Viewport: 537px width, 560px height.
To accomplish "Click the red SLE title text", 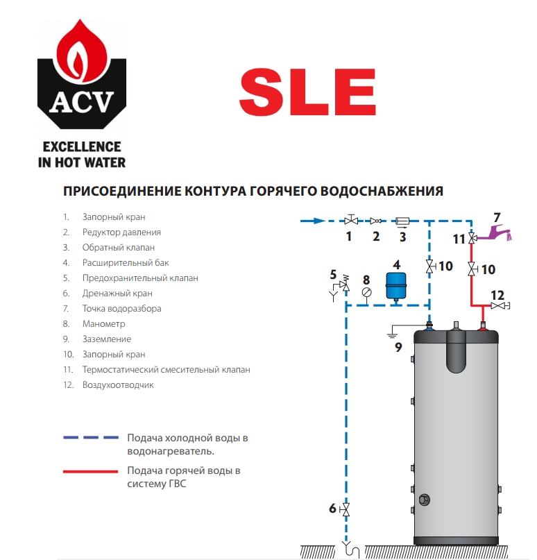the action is coord(307,92).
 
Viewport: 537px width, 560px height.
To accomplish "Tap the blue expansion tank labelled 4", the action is coord(396,286).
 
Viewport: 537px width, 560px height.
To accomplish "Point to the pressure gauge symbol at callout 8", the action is coord(367,292).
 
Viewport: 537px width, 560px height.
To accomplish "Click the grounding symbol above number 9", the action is coord(392,334).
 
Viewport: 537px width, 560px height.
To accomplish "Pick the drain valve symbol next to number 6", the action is coord(346,509).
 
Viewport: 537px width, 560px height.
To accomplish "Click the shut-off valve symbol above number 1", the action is coord(351,220).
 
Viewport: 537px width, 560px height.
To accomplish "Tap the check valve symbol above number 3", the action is coord(402,221).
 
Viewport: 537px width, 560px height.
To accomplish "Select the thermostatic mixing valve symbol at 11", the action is coord(472,238).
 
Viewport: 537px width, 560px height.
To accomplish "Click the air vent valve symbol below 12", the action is coord(500,306).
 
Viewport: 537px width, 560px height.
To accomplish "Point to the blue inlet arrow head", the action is coord(319,221).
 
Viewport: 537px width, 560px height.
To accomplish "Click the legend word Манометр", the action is coord(104,324).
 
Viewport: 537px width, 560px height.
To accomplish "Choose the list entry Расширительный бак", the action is coord(126,263).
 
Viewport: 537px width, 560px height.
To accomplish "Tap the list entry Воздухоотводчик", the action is coord(118,385).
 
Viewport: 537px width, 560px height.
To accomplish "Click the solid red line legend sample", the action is coord(91,471).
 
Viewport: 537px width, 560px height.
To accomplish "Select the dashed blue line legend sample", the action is coord(91,437).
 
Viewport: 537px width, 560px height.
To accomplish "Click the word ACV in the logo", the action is coord(82,102).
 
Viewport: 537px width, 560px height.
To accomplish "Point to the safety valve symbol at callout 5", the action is coord(343,285).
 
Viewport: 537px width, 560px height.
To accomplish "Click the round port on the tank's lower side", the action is coord(424,500).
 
